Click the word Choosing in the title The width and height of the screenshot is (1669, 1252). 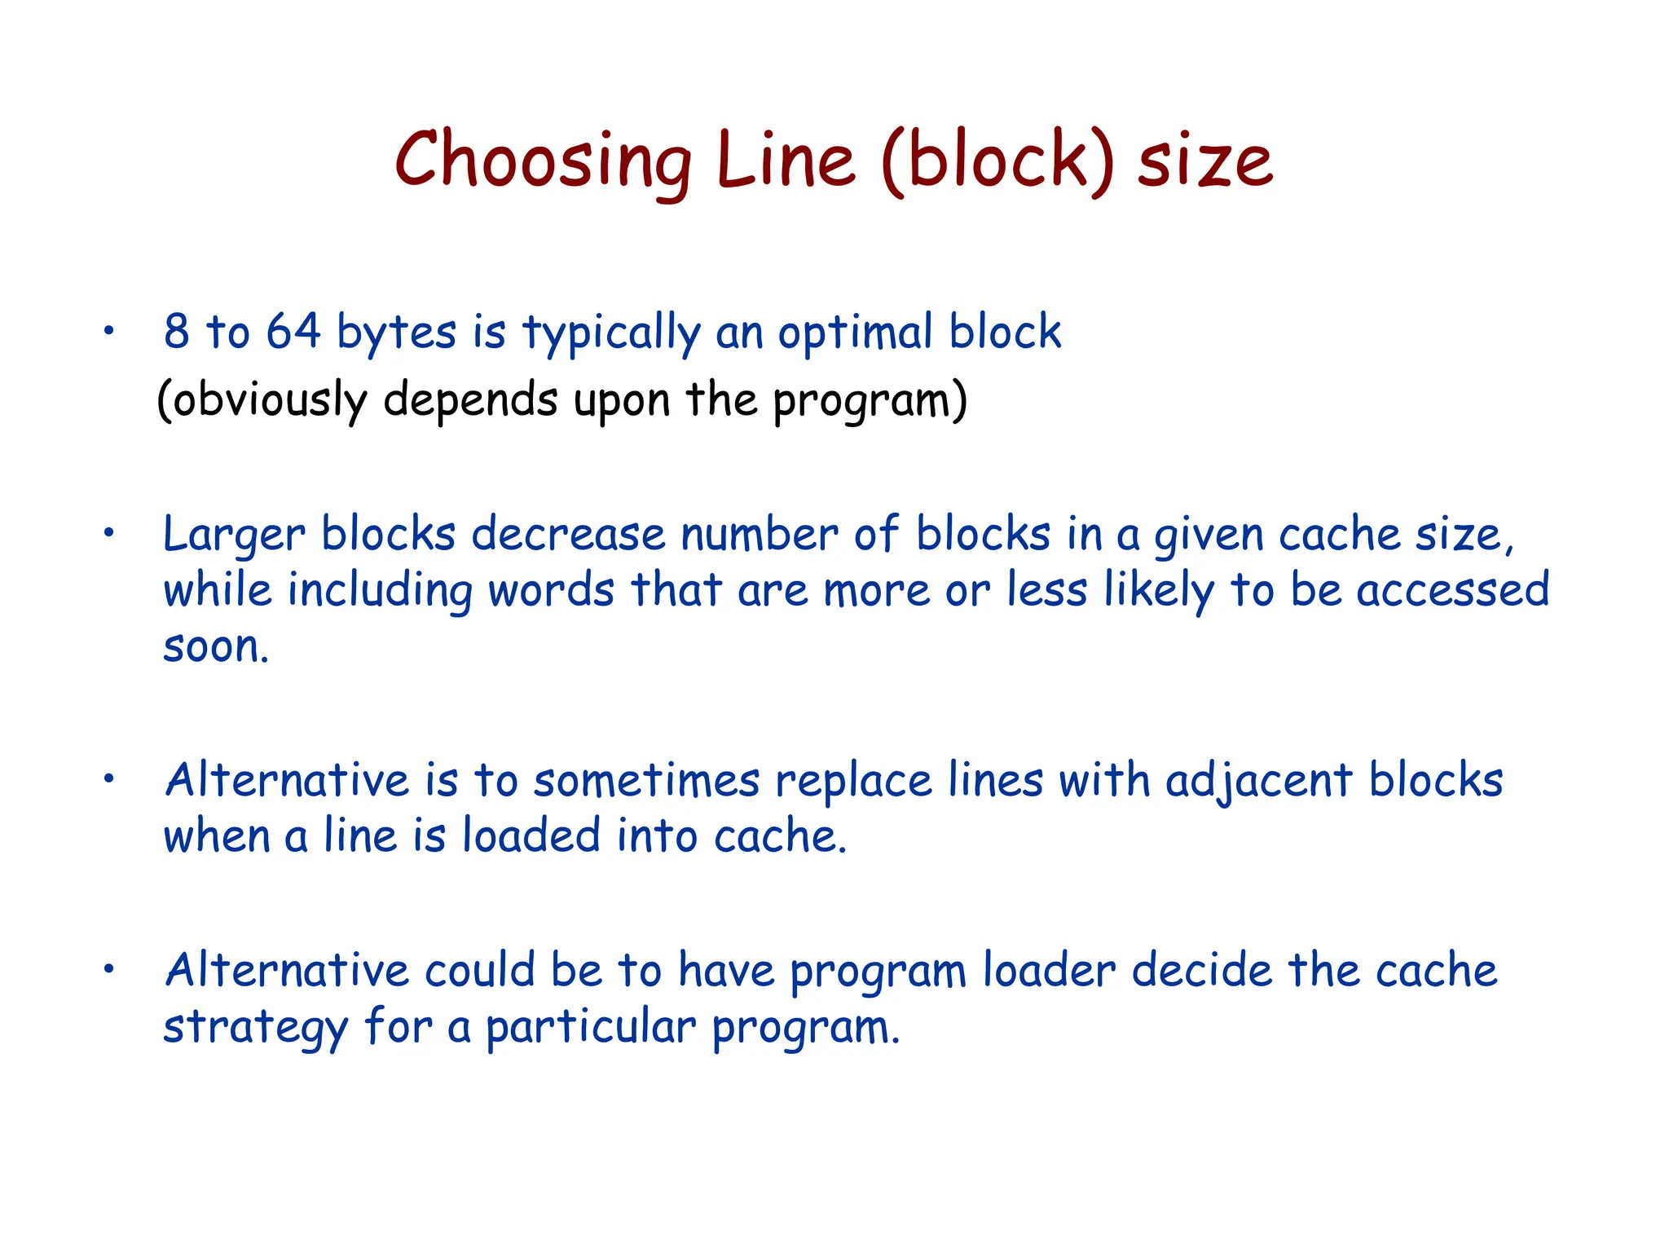543,161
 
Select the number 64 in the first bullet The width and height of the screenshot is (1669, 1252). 293,332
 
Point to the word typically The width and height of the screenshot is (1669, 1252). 611,334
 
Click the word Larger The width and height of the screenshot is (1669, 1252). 234,536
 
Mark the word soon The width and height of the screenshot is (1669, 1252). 215,647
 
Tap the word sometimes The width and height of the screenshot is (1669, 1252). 646,781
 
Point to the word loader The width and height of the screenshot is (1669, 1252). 1050,971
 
